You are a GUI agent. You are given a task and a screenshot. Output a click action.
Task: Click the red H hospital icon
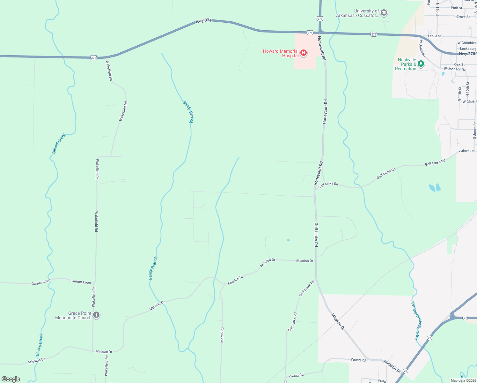coord(304,53)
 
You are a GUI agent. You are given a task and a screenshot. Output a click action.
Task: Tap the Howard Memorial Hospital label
coord(281,53)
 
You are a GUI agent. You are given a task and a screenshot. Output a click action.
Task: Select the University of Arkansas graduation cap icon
coord(384,13)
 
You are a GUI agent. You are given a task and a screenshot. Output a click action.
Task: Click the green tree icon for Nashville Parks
coord(421,64)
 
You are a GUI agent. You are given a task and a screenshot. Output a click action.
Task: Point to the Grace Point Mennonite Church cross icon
coord(96,315)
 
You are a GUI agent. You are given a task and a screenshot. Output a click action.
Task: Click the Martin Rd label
coord(222,335)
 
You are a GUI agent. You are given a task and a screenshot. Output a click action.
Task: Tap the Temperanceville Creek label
coord(416,321)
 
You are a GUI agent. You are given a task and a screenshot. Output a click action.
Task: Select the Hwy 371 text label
coord(203,20)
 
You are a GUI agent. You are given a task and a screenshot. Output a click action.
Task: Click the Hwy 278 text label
coord(467,54)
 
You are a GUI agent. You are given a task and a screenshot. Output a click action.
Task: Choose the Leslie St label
coord(435,36)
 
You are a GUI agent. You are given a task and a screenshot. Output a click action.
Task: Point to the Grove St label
coord(463,17)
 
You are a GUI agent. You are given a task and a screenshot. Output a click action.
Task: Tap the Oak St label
coord(459,64)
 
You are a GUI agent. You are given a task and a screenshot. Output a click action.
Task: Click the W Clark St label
coord(469,102)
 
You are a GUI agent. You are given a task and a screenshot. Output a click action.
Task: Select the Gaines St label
coord(466,151)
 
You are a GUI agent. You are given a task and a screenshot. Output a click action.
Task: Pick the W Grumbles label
coord(467,43)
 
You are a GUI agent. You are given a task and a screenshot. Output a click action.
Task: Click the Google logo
coord(11,379)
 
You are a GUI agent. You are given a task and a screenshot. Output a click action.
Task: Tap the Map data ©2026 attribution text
coord(463,380)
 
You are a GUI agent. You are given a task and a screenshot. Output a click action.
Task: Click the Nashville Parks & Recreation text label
coord(406,64)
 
